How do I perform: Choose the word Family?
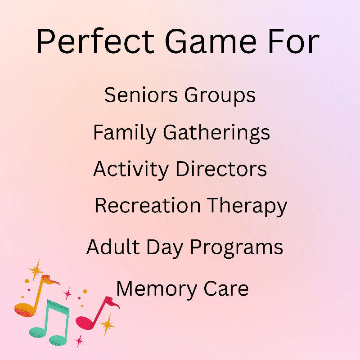point(125,133)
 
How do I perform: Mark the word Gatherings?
point(216,133)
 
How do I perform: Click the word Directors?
point(221,169)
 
